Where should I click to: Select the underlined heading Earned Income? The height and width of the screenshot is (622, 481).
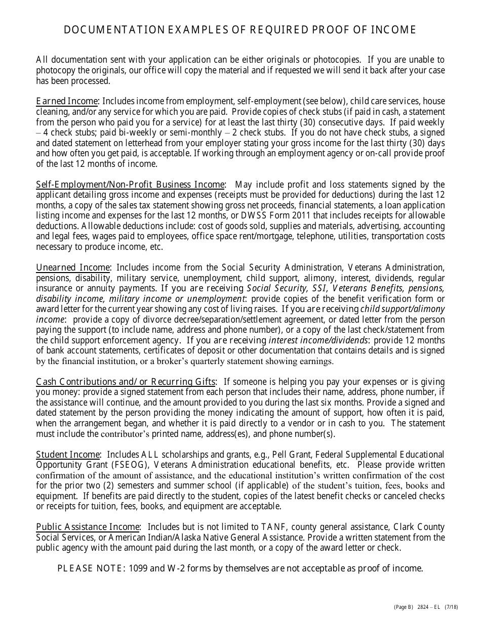point(66,101)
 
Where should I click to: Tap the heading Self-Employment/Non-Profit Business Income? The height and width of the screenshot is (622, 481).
point(130,185)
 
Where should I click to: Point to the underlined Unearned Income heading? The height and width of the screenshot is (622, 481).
point(73,268)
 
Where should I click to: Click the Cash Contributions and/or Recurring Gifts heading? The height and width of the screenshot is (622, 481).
point(126,382)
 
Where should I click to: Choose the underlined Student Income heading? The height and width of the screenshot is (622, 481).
point(68,455)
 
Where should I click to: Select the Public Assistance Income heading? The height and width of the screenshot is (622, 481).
point(88,527)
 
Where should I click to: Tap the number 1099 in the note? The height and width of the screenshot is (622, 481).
point(139,568)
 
